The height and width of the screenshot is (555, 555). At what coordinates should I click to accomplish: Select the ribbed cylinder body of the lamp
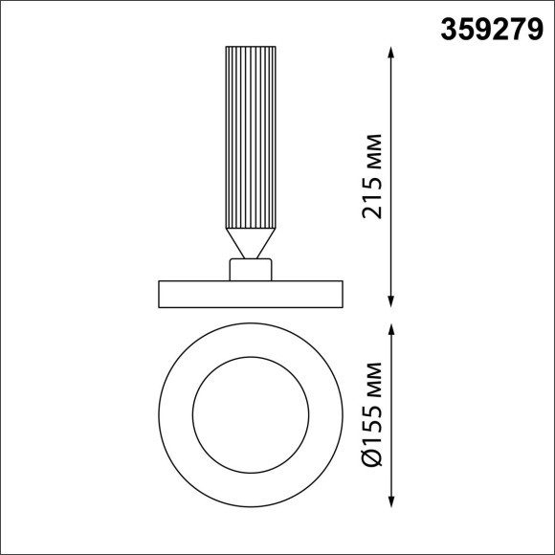click(x=252, y=134)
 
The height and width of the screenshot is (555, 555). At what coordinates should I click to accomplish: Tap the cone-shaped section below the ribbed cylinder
click(x=252, y=242)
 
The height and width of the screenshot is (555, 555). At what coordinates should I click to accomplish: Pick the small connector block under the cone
click(x=252, y=270)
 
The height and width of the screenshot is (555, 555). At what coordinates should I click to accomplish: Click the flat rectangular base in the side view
click(x=252, y=294)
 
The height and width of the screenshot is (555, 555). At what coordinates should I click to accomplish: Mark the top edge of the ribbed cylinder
click(x=252, y=47)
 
